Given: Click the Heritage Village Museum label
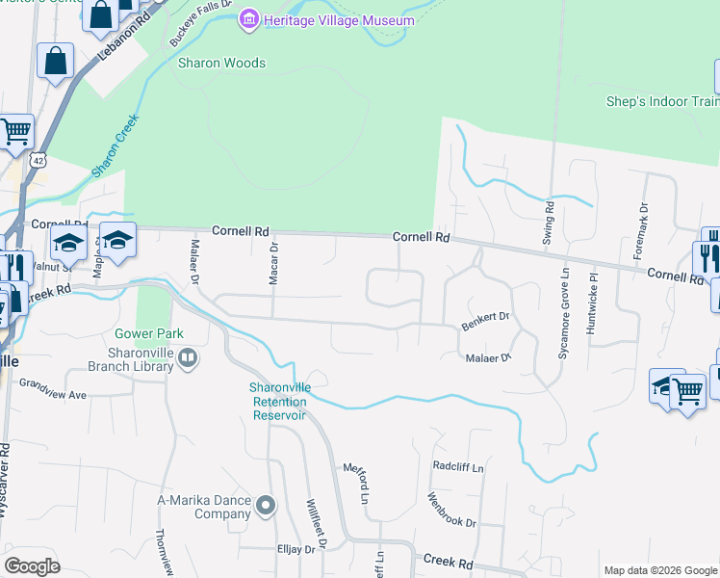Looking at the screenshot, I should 341,20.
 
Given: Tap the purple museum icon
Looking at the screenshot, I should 250,19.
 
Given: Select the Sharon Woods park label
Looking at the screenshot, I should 221,64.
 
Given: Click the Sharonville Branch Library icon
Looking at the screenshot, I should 189,358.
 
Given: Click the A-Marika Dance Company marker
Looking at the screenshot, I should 267,505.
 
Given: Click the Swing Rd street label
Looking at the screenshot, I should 548,220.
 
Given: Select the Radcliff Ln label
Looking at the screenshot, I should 458,467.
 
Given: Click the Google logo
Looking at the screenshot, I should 33,566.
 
